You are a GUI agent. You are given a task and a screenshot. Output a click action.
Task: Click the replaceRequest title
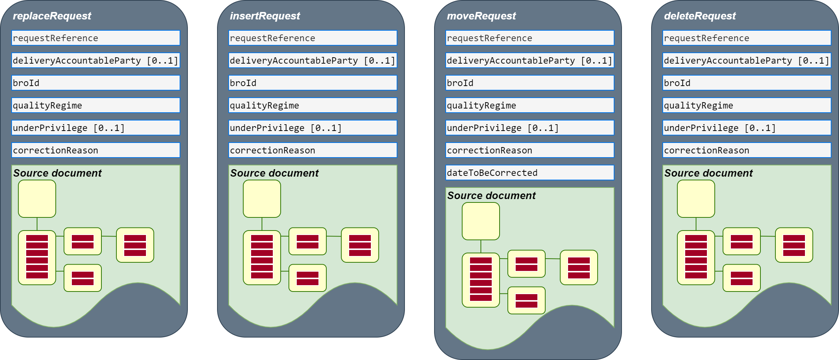coord(52,16)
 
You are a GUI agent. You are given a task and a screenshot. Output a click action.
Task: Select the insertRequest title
coord(265,16)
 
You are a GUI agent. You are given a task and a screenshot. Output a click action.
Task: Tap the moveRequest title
coord(481,16)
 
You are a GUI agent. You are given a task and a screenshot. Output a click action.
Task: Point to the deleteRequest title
coord(700,16)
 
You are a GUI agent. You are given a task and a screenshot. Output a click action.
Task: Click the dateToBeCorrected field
coord(530,173)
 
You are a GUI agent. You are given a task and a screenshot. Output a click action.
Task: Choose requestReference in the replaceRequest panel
coord(95,38)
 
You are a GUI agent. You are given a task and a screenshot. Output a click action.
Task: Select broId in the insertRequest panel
coord(312,83)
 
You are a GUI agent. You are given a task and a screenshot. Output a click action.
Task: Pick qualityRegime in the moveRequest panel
coord(530,105)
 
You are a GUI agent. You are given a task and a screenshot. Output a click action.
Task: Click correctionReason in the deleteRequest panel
coord(747,150)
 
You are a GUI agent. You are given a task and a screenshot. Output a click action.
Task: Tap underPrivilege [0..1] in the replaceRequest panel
coord(95,128)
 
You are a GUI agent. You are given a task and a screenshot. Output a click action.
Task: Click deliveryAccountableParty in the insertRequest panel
coord(312,60)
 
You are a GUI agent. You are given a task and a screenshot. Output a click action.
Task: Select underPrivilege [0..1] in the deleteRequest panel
coord(747,128)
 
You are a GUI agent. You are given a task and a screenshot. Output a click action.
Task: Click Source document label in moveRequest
coord(491,196)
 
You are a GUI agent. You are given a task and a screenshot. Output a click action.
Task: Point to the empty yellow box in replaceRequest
coord(37,199)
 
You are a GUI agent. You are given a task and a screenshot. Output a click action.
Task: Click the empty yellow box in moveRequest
coord(481,221)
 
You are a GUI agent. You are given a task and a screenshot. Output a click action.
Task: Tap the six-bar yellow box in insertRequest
coord(262,257)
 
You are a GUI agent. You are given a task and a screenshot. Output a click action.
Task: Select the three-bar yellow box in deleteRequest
coord(794,245)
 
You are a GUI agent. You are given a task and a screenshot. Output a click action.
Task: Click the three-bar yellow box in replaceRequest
coord(135,245)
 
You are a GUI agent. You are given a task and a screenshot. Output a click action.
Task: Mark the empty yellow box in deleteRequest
coord(696,199)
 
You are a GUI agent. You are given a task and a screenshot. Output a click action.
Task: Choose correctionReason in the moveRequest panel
coord(530,150)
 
